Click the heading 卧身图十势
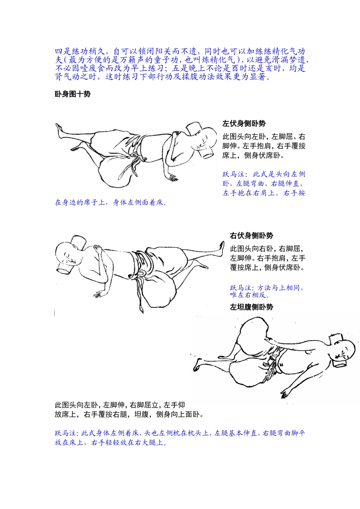point(72,94)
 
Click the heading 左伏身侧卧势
point(244,123)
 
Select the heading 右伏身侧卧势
point(251,236)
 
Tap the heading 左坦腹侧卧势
point(251,307)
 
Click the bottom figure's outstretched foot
point(197,364)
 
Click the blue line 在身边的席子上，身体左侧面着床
point(111,202)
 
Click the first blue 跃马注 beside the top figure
point(233,174)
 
